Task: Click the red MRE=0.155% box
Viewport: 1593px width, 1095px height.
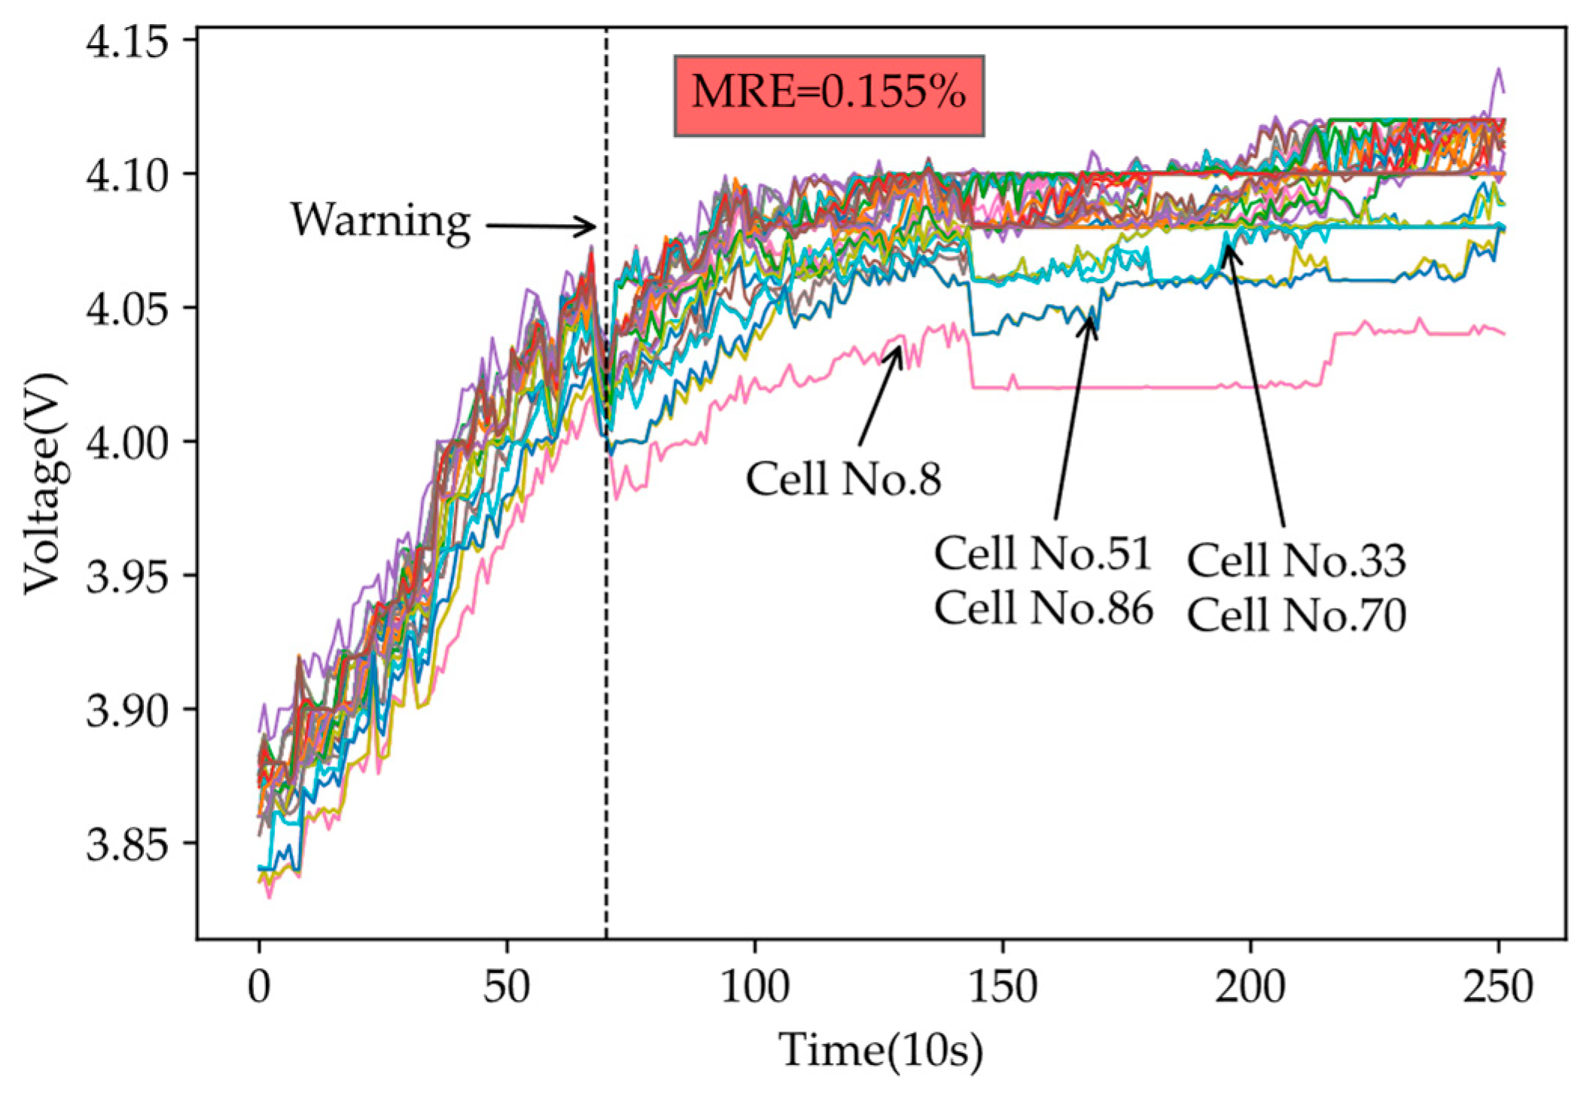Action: [829, 95]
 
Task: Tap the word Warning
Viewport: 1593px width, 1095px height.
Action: [381, 221]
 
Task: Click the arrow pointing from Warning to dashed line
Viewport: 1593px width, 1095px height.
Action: [541, 226]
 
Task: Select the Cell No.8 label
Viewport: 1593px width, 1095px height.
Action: [843, 479]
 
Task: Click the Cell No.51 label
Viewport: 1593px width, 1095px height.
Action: [1043, 554]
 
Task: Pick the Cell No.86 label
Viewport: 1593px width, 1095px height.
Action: [1043, 608]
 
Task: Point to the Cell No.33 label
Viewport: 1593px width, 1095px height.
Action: [1296, 561]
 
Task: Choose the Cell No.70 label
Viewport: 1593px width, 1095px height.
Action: [1296, 615]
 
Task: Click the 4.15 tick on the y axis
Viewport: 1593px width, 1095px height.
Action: [126, 41]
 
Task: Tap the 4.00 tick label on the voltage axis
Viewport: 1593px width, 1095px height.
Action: [126, 443]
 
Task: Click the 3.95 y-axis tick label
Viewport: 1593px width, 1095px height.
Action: [126, 576]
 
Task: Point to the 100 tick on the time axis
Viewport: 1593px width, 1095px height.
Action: [754, 986]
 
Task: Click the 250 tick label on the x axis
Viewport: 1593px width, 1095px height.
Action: [1497, 986]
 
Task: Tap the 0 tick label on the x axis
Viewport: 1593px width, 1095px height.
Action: [259, 986]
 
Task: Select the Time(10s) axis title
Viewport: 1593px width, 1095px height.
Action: [880, 1051]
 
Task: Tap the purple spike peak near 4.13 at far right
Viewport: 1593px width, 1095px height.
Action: [1498, 70]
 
